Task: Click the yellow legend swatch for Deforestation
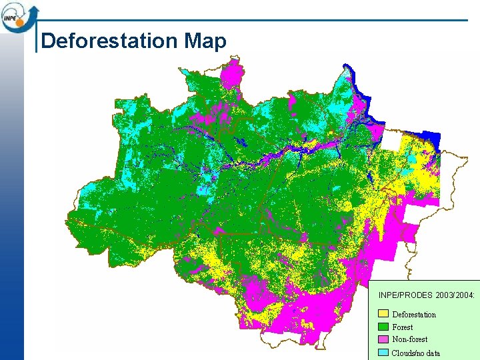coord(383,314)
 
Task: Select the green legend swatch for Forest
coord(383,327)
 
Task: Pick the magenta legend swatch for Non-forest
coord(383,339)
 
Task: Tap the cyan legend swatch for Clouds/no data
coord(383,352)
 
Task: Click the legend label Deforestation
coord(414,315)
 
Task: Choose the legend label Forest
coord(403,327)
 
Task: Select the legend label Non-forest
coord(410,339)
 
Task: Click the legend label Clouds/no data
coord(416,353)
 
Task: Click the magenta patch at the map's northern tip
coord(233,72)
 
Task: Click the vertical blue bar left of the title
coord(35,40)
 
